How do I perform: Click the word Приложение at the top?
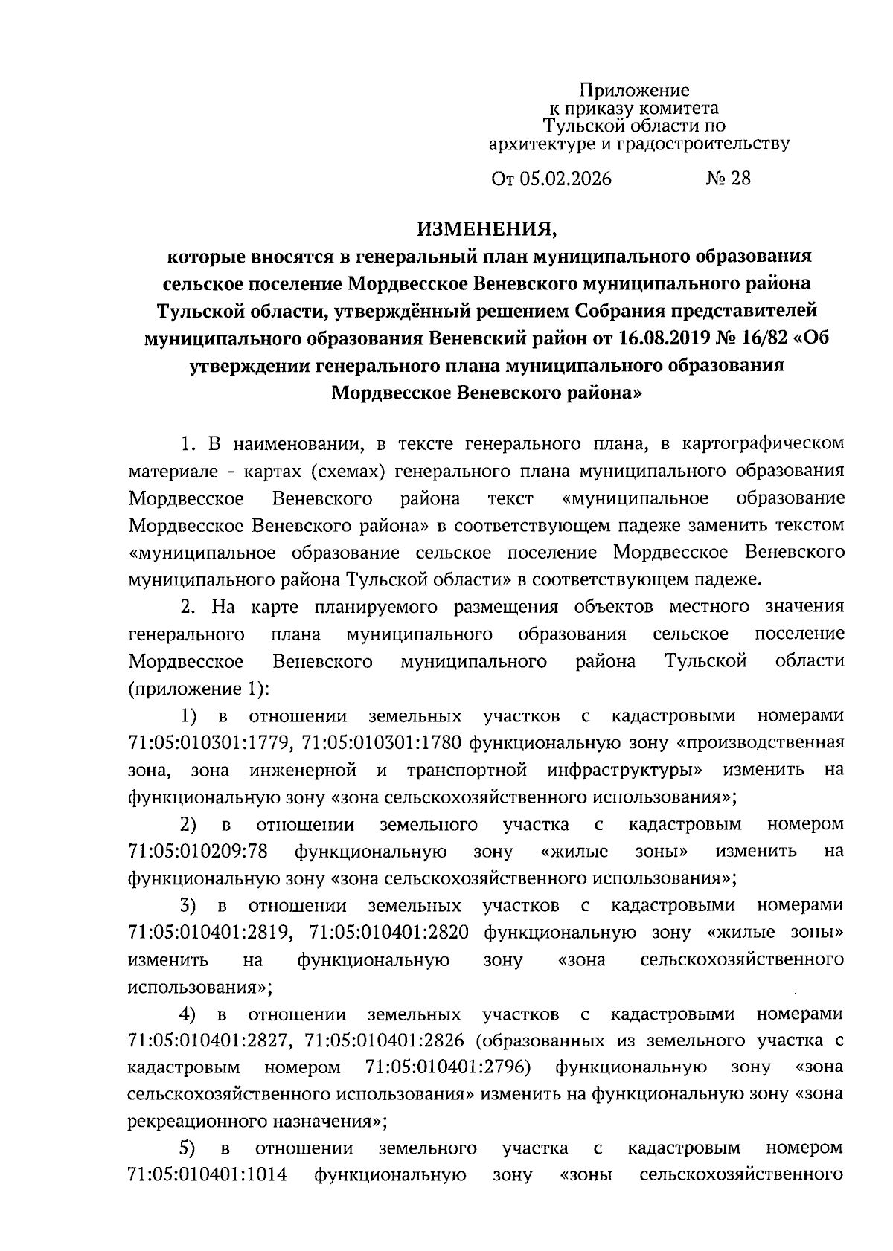tap(635, 91)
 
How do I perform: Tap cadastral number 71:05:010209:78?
tap(198, 851)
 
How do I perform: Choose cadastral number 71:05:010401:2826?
tap(385, 1041)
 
